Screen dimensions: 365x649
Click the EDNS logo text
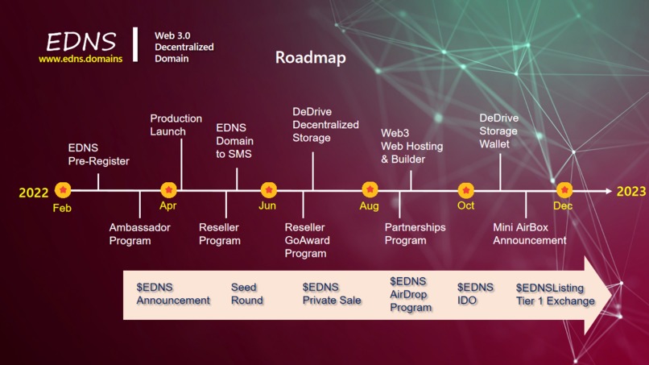point(81,41)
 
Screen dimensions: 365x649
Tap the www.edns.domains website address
point(81,59)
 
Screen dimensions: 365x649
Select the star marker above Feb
point(63,190)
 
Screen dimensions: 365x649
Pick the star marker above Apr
point(168,190)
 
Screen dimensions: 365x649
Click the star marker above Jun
point(268,190)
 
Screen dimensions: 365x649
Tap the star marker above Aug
point(370,190)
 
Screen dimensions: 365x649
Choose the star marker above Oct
point(466,190)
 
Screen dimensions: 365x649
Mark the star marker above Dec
point(564,190)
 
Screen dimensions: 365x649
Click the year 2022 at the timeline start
point(34,193)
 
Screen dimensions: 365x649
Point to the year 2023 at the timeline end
point(631,192)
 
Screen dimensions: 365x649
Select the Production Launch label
point(176,125)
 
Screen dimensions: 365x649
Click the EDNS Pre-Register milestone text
point(98,155)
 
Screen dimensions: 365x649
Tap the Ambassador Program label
point(140,234)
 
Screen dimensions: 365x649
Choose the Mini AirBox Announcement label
point(529,234)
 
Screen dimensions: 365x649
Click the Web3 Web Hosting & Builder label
point(403,146)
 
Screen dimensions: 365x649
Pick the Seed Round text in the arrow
point(246,294)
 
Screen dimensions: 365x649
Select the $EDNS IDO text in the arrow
point(475,294)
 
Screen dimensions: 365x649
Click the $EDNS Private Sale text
point(332,294)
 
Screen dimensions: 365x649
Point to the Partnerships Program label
point(415,234)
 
